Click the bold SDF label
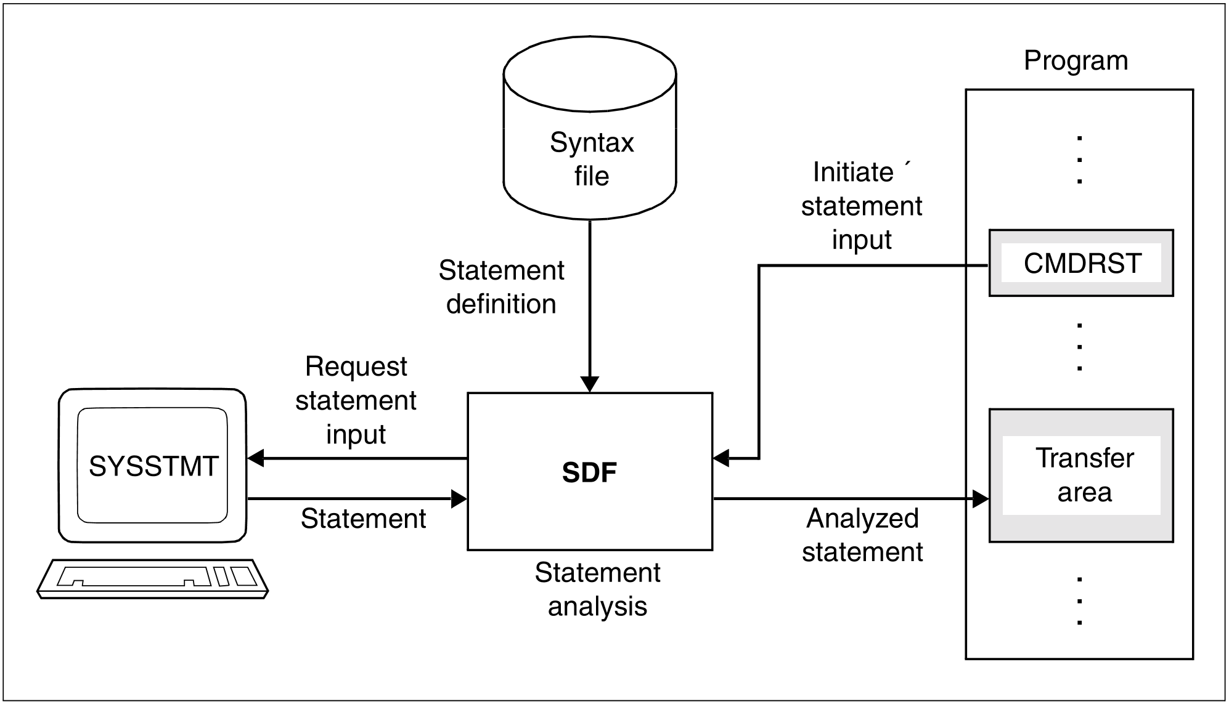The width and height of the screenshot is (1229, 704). point(589,472)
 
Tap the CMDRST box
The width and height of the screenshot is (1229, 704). point(1081,264)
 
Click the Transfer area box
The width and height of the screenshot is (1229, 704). point(1081,475)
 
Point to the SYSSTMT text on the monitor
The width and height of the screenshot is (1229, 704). point(153,466)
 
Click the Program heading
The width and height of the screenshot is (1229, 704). point(1076,60)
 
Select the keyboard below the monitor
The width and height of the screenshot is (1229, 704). point(153,578)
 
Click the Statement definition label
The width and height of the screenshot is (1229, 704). point(501,287)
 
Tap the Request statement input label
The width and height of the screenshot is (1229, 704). point(356,400)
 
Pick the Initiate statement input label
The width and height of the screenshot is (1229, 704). point(861,206)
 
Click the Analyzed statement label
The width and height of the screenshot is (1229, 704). point(862,535)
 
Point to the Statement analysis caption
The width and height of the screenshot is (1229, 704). point(597,589)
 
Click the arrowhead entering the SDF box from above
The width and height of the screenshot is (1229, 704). point(590,384)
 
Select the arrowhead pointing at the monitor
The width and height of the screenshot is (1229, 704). point(256,458)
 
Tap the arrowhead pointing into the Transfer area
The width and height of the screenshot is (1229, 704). point(980,498)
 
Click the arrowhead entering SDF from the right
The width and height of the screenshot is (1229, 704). point(721,458)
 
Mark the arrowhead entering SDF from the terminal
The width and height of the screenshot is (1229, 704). point(459,498)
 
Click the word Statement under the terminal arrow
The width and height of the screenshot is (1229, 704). point(363,519)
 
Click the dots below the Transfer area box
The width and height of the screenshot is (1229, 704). point(1079,601)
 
